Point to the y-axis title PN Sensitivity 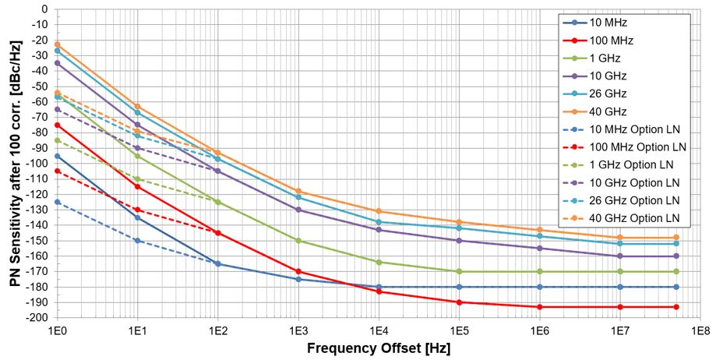[x=15, y=164]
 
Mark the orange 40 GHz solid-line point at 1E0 [x=58, y=44]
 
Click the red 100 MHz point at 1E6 [x=539, y=307]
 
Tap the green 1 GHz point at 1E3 [x=298, y=241]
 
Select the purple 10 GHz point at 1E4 [x=379, y=230]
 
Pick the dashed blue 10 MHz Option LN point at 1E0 [x=58, y=202]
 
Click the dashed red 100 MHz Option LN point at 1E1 [x=138, y=210]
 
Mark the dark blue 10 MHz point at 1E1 [x=138, y=217]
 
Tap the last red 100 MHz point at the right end [x=675, y=307]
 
